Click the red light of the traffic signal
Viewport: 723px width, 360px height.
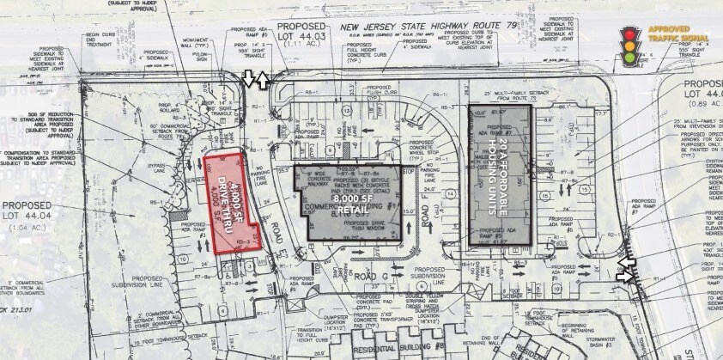(x=630, y=34)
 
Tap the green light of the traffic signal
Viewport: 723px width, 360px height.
(x=630, y=58)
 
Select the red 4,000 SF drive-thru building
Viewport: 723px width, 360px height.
(x=231, y=200)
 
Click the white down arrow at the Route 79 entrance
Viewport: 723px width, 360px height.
(x=250, y=80)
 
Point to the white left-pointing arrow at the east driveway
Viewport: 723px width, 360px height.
(x=624, y=263)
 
